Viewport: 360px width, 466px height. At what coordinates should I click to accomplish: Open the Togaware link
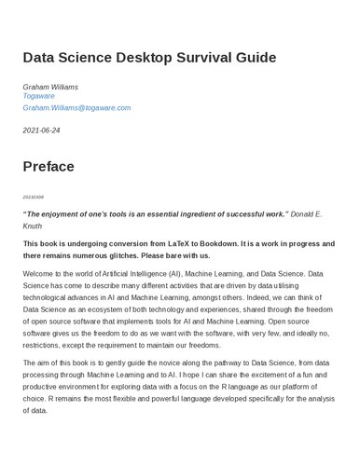[x=41, y=97]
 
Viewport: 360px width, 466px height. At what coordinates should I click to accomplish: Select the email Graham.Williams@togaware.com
[x=76, y=108]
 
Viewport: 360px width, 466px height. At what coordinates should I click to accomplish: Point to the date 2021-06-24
[x=41, y=130]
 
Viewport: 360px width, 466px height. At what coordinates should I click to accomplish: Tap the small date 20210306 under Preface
[x=32, y=197]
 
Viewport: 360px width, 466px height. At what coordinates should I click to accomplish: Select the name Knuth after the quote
[x=33, y=226]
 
